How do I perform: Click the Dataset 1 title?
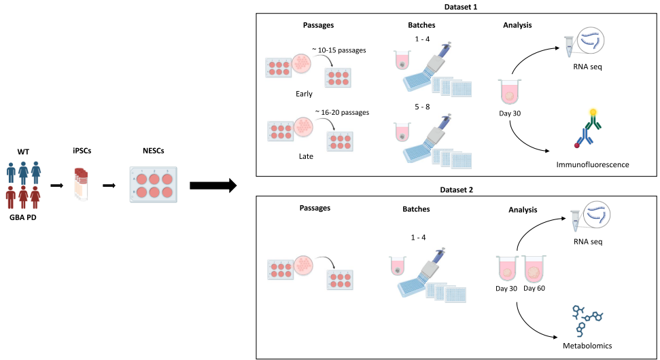pyautogui.click(x=456, y=7)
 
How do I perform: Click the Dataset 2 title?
pyautogui.click(x=456, y=192)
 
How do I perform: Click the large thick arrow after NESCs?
pyautogui.click(x=213, y=185)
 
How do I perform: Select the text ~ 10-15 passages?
pyautogui.click(x=341, y=50)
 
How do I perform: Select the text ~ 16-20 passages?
pyautogui.click(x=341, y=112)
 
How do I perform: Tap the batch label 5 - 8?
pyautogui.click(x=422, y=107)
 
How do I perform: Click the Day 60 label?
pyautogui.click(x=534, y=288)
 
